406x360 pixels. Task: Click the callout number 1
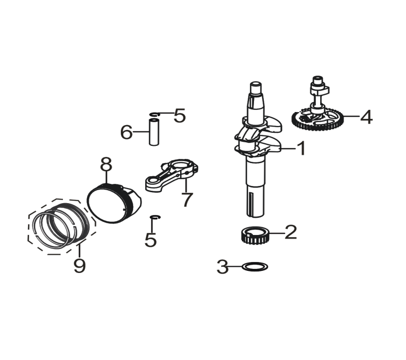301,148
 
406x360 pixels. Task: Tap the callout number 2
291,232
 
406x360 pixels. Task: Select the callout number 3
223,267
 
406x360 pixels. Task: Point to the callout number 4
366,117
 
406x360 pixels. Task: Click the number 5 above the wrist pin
180,115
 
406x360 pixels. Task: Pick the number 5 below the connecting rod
151,240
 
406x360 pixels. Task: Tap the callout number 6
126,132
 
